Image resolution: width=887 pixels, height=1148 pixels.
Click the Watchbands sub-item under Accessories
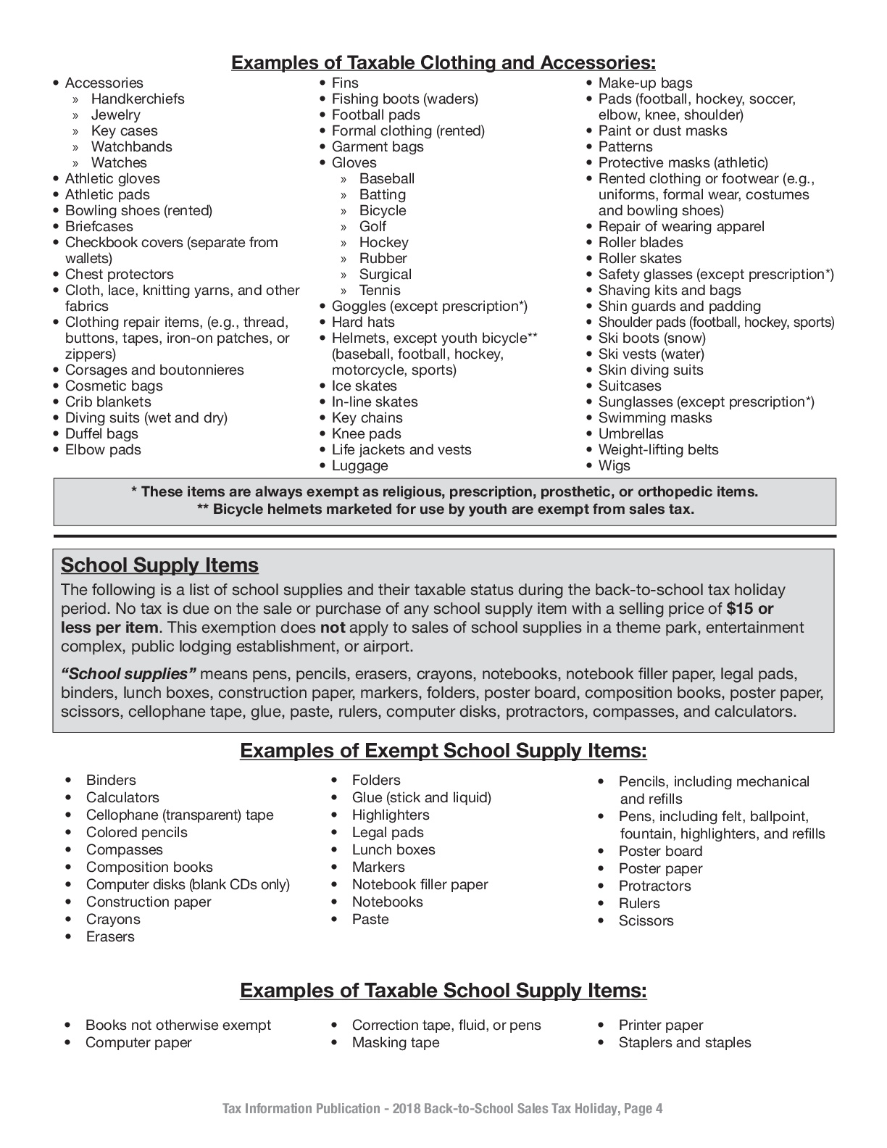(131, 146)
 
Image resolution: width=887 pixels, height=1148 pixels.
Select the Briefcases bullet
(99, 226)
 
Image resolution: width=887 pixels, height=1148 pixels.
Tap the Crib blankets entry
(108, 402)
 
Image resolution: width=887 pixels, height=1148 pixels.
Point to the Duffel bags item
(101, 433)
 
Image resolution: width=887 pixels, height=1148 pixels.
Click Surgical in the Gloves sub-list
(385, 274)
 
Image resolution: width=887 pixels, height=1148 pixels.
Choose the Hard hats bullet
(363, 322)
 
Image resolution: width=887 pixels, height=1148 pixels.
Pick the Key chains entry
(367, 417)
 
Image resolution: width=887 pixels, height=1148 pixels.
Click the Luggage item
(359, 465)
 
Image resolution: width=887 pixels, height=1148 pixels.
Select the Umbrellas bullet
(630, 433)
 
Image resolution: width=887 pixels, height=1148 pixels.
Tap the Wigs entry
(614, 465)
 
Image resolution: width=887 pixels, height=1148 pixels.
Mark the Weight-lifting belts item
(658, 449)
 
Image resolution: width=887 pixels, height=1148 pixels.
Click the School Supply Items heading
(159, 565)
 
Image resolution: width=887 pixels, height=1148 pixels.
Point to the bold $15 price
(741, 609)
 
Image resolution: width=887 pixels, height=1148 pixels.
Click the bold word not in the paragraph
(333, 628)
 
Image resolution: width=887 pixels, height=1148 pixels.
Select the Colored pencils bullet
(136, 832)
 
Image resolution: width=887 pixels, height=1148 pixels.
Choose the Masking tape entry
(395, 1042)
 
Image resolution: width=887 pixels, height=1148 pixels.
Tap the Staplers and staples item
(684, 1042)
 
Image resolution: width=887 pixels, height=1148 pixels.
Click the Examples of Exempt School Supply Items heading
(443, 751)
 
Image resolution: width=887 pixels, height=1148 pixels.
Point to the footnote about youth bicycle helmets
(445, 509)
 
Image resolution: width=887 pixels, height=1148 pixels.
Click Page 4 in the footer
(643, 1108)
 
